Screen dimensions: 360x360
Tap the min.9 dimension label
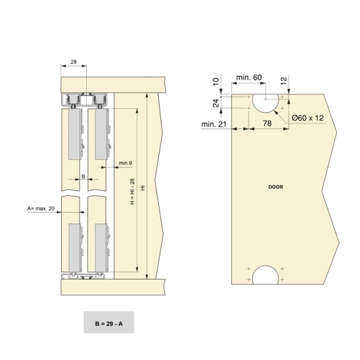[125, 164]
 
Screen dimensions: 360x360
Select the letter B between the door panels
[83, 177]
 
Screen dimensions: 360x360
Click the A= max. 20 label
[41, 209]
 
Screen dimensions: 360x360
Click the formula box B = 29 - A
[108, 323]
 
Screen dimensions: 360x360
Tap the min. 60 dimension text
[250, 77]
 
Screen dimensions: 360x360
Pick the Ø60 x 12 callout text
[307, 118]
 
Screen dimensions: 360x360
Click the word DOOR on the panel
[275, 187]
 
